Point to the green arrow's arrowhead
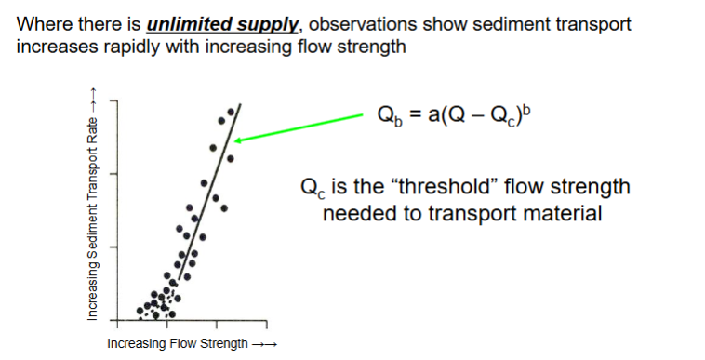(238, 140)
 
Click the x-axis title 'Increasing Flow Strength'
(177, 344)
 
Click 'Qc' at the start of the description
(312, 188)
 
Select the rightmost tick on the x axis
(268, 325)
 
